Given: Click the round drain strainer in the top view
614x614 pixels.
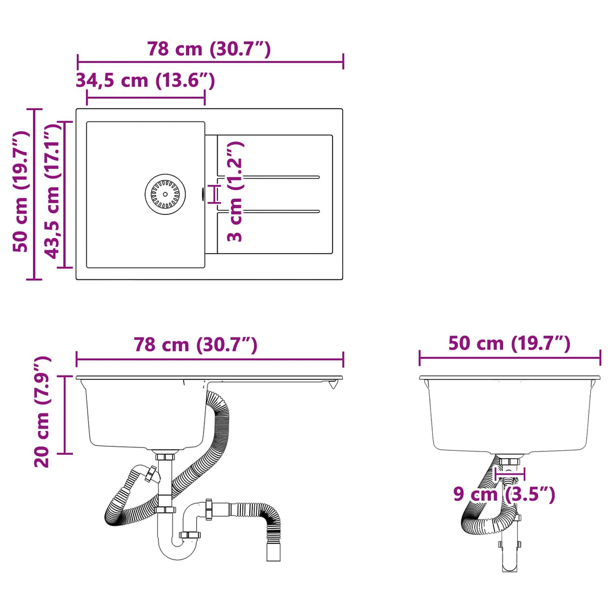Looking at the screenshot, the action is click(165, 194).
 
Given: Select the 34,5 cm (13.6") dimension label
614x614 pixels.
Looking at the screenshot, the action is click(146, 81).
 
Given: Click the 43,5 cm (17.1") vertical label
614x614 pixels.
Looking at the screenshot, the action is click(53, 192).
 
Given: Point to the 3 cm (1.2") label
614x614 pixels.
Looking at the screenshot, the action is click(235, 192).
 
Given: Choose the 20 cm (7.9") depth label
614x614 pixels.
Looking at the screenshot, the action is click(42, 412).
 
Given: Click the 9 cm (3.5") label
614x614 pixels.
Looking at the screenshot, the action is click(504, 494).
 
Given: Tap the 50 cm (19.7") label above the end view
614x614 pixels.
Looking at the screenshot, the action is click(509, 343).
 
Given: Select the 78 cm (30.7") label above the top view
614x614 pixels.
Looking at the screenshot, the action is click(209, 49).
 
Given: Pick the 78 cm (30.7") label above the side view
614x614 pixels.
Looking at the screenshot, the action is click(196, 345).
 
